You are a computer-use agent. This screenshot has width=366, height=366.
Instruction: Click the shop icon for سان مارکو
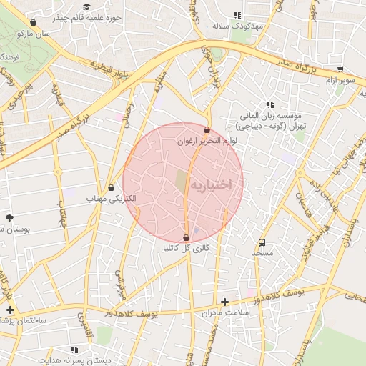34,23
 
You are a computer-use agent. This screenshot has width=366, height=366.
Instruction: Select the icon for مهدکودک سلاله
238,15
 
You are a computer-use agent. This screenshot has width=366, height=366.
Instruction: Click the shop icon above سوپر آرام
340,70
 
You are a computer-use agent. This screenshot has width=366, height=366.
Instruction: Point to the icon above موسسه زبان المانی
270,104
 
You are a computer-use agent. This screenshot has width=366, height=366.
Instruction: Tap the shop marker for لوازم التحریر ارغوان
207,131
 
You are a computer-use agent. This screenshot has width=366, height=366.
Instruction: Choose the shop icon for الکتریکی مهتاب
111,187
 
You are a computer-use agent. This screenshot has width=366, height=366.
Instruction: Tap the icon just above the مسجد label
262,242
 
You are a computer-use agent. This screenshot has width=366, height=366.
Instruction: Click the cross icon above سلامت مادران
225,302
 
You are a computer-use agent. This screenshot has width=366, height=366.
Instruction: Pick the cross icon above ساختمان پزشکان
10,310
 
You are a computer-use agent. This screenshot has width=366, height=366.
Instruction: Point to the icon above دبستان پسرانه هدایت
74,350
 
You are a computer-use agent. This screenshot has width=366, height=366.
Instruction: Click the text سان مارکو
55,33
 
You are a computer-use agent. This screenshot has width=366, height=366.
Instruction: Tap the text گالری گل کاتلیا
187,249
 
